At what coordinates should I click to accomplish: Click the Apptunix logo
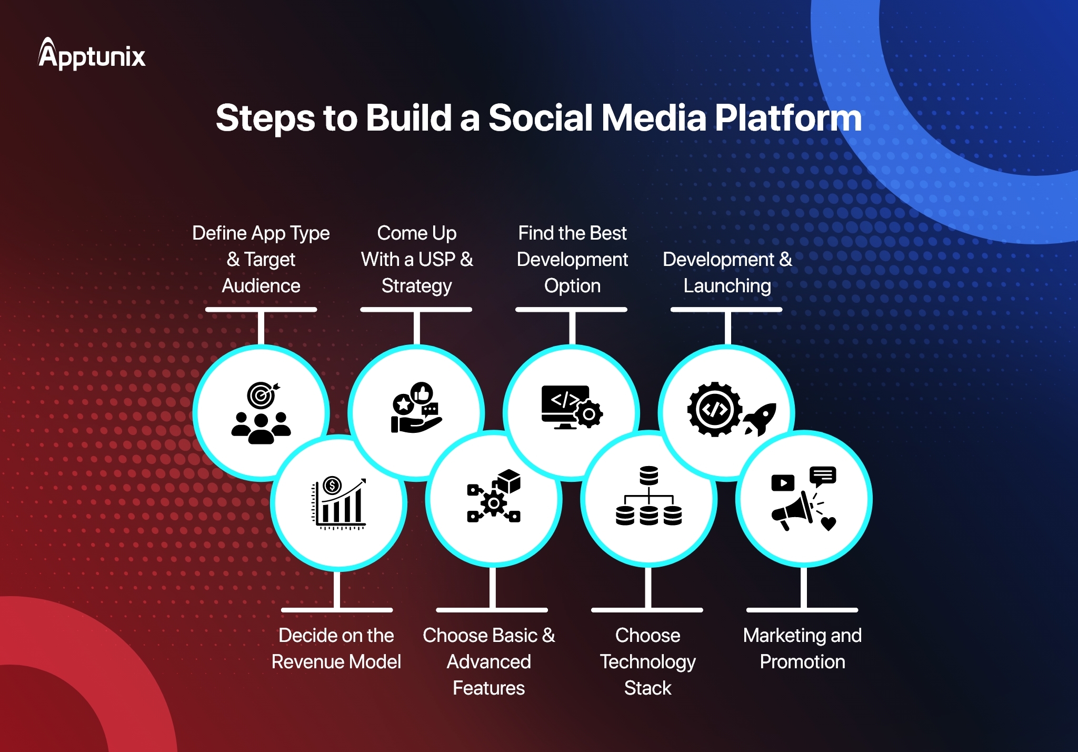92,54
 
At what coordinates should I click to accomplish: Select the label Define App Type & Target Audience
261,259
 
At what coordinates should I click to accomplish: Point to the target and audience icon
261,413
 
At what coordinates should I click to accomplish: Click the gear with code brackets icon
714,409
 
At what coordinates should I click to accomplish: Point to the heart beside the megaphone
829,523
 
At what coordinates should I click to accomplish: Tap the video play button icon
783,482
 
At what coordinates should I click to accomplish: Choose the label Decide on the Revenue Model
336,648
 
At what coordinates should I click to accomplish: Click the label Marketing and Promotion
802,648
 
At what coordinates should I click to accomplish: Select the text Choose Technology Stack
648,661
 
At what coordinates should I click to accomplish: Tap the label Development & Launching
727,272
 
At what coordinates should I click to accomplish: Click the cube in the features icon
509,481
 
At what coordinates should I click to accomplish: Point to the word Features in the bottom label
488,688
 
